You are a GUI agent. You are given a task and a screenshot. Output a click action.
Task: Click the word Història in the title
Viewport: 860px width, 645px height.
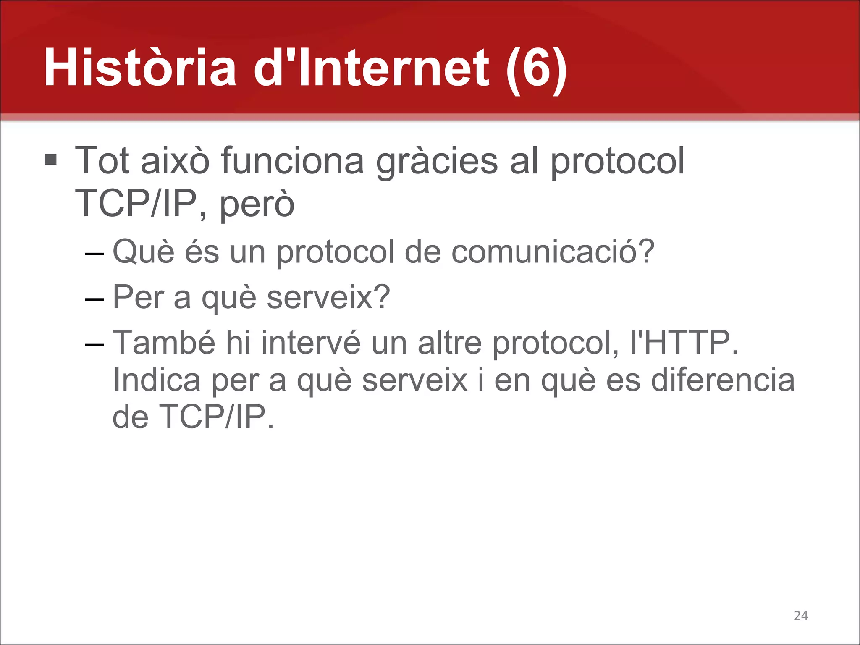pos(140,68)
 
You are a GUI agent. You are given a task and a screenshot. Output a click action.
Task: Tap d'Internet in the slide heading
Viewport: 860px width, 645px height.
pos(371,68)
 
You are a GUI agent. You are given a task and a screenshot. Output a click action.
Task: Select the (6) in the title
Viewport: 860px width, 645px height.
pos(537,69)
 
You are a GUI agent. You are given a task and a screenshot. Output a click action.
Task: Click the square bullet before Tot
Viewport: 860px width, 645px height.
pos(51,160)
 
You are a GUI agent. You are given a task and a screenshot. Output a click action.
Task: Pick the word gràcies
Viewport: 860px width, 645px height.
pos(437,161)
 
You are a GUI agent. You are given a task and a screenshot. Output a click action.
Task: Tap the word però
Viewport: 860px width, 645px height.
pos(257,204)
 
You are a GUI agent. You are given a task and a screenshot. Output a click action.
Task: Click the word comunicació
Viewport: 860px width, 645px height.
pos(553,252)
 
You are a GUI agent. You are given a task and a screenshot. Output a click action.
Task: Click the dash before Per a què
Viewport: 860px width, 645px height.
pos(94,299)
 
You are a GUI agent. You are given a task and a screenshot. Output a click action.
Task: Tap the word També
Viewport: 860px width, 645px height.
pos(164,343)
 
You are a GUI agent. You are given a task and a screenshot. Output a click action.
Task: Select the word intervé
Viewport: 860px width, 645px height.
pos(311,343)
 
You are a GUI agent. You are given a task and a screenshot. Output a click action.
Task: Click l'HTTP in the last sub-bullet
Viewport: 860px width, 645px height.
pos(684,343)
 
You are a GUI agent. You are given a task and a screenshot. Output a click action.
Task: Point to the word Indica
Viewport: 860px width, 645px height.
pos(157,380)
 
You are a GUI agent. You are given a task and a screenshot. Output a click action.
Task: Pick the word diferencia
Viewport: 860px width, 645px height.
pos(723,380)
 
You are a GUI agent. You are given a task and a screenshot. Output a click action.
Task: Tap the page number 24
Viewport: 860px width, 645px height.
pos(801,616)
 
